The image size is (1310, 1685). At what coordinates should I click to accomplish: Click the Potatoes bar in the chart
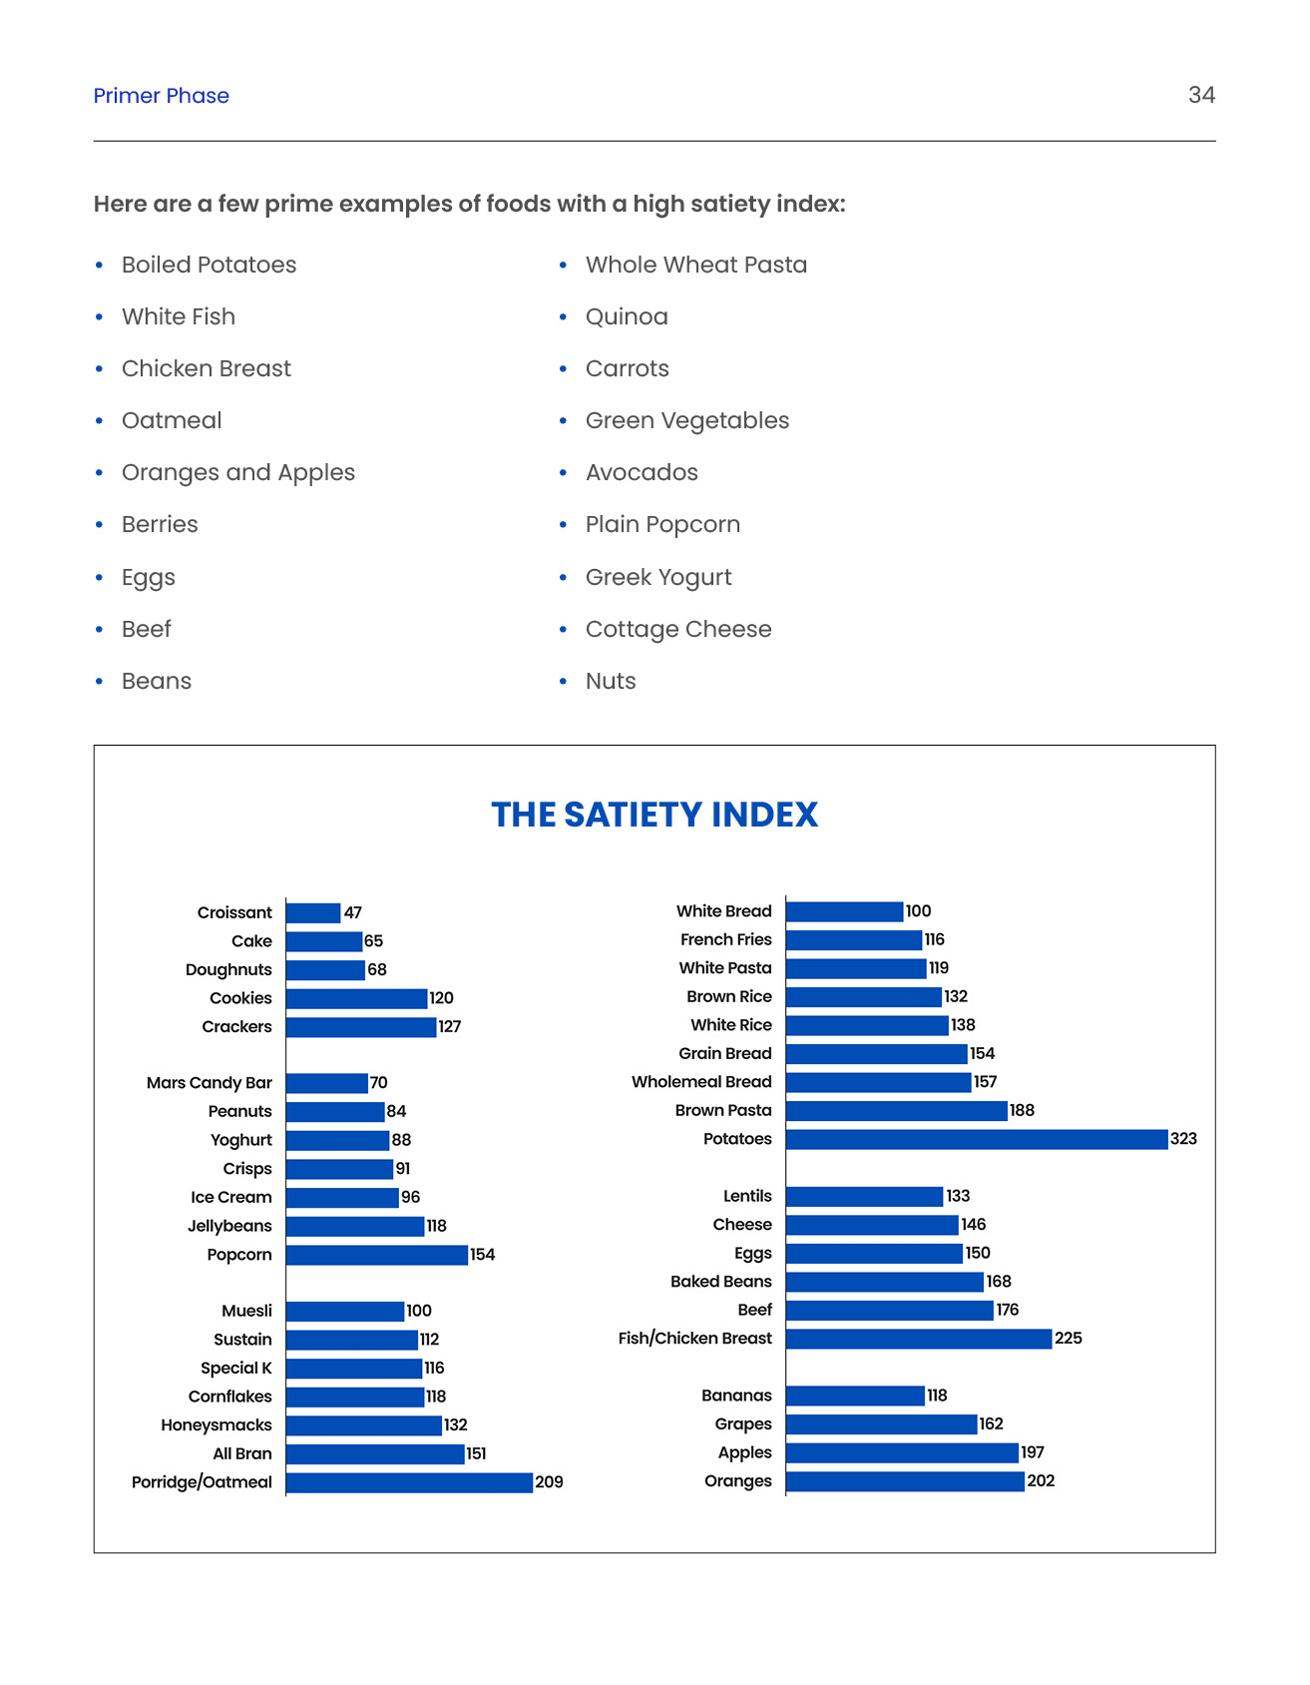click(x=976, y=1139)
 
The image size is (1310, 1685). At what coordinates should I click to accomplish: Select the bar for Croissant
click(x=313, y=912)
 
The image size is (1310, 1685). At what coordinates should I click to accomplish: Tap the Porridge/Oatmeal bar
click(x=409, y=1482)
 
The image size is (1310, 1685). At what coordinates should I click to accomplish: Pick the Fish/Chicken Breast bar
click(x=918, y=1339)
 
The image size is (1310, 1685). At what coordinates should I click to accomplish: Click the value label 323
click(x=1183, y=1139)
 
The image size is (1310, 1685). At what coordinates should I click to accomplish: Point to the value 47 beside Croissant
click(x=353, y=912)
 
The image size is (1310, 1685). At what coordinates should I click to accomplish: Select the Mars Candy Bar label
click(x=210, y=1083)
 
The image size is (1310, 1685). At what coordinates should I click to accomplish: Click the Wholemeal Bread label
click(x=701, y=1082)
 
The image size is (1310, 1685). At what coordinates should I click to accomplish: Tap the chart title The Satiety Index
click(x=655, y=815)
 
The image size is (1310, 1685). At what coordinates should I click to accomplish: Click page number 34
click(x=1201, y=95)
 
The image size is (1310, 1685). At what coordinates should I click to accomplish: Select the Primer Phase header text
click(x=162, y=96)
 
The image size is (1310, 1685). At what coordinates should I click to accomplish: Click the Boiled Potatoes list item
click(x=209, y=265)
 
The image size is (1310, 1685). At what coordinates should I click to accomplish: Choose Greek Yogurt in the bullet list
click(x=658, y=577)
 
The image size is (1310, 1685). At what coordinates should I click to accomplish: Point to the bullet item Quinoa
click(x=627, y=316)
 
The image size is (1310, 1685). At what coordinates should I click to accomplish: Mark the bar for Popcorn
click(x=377, y=1255)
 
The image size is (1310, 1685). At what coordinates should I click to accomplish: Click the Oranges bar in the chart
click(x=905, y=1481)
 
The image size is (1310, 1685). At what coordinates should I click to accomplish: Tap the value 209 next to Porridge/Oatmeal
click(x=549, y=1482)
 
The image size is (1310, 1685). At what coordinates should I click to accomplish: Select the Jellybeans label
click(x=229, y=1226)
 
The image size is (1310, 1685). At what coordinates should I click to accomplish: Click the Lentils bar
click(x=864, y=1196)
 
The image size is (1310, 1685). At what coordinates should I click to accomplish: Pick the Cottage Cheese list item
click(x=678, y=629)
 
